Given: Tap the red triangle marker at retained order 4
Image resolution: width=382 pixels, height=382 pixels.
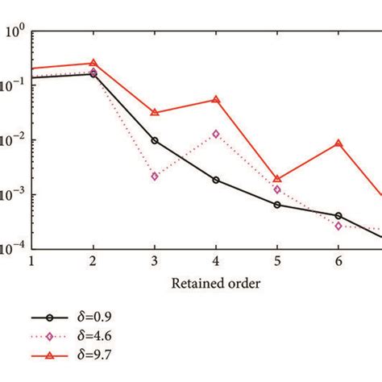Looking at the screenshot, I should (216, 100).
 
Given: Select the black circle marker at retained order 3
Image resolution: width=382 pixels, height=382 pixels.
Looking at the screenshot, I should (155, 140).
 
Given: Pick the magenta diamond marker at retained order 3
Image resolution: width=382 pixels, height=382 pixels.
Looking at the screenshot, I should (155, 176).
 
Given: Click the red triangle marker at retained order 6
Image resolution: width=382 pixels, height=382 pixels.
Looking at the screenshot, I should (338, 143).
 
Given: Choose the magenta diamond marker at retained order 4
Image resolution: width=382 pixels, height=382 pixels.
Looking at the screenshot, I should (216, 134).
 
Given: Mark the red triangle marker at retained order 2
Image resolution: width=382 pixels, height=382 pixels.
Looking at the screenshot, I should (93, 63).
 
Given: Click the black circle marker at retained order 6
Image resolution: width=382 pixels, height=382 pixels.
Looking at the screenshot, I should (338, 216).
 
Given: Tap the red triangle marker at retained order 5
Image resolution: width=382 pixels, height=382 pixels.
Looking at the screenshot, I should (277, 179).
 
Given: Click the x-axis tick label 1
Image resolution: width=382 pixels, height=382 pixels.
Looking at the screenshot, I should (31, 261).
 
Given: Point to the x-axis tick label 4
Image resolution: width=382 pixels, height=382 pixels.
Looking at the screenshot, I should (216, 261).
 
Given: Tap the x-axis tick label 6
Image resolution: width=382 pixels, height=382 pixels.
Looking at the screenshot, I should (338, 261).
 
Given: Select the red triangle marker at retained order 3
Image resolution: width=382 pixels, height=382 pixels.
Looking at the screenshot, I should (155, 113).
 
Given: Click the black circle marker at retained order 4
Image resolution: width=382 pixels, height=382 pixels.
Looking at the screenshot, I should (216, 180).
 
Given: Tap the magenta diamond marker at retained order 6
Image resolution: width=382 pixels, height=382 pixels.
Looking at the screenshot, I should (338, 226).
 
